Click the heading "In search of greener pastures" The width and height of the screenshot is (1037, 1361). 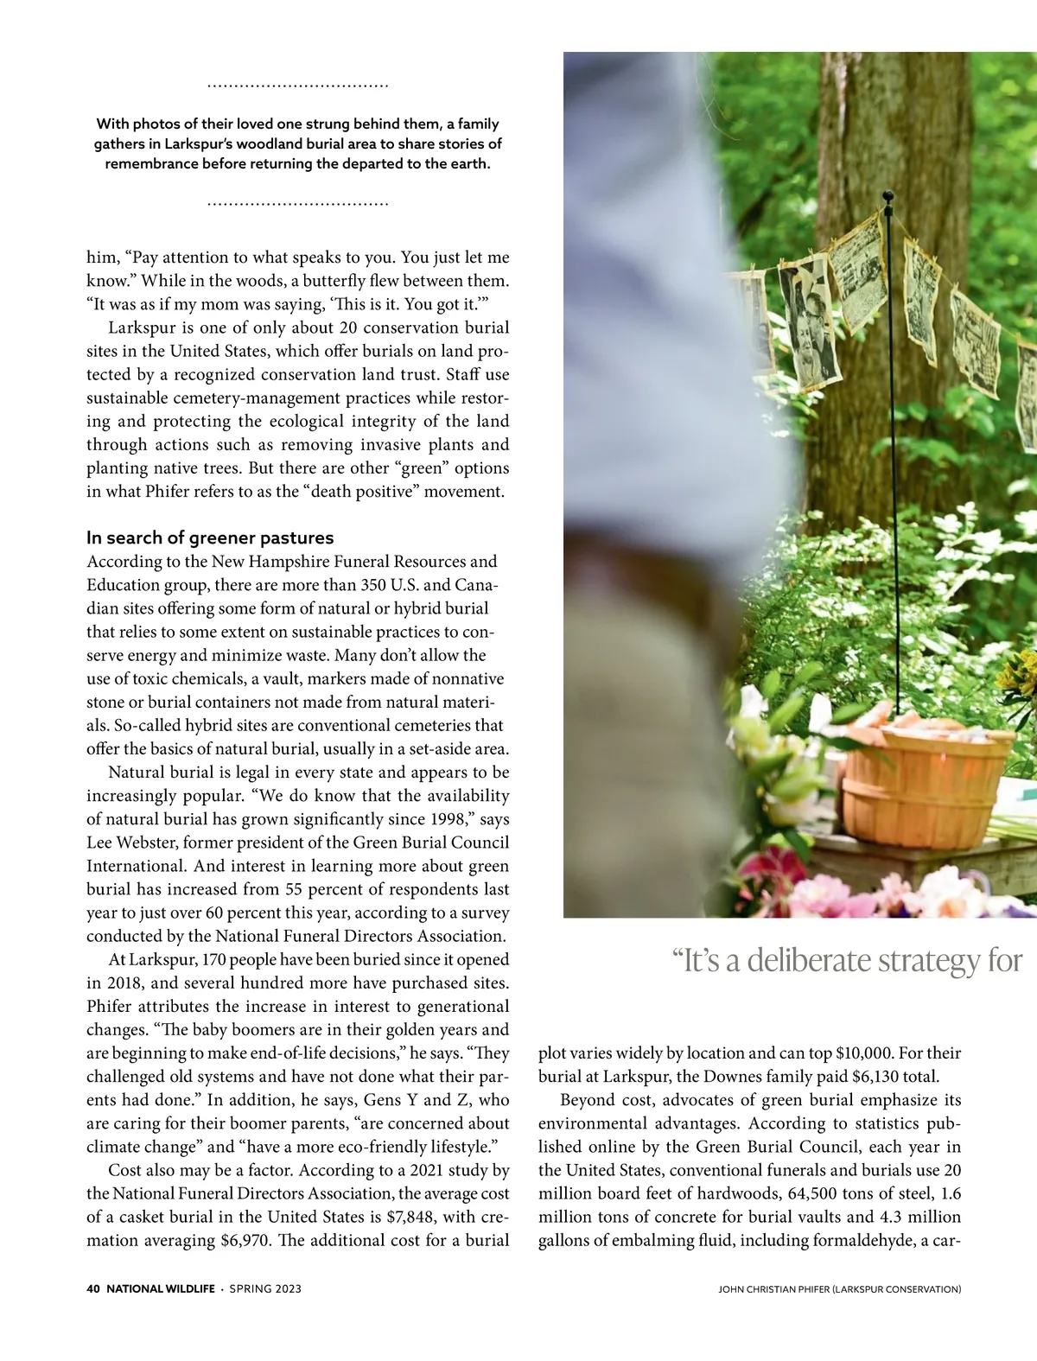coord(210,537)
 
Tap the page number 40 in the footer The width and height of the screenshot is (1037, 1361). coord(93,1288)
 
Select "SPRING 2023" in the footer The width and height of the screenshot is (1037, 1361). coord(265,1288)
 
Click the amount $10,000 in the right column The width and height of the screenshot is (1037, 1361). coord(868,1053)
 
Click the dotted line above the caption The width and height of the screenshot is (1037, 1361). coord(298,86)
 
